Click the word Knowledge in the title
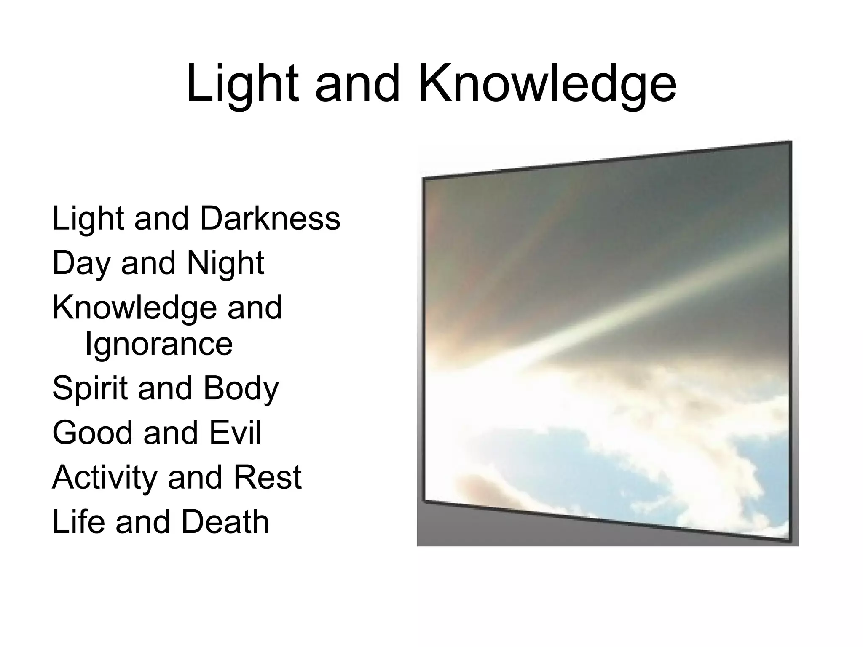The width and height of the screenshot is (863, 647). click(x=547, y=84)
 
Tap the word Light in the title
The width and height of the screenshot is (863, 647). click(x=242, y=84)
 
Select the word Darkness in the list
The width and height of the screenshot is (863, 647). click(x=270, y=219)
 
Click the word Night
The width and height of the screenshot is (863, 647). click(x=225, y=263)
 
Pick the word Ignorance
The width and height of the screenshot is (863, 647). click(x=159, y=344)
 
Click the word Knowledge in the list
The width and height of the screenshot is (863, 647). click(x=134, y=307)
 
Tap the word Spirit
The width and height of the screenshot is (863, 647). click(x=90, y=388)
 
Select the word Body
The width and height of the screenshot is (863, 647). click(x=241, y=388)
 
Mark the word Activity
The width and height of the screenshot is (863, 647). click(x=104, y=478)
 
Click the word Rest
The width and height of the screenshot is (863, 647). click(x=267, y=478)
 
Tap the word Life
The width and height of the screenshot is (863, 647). click(x=78, y=522)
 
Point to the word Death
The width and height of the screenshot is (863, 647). click(x=225, y=522)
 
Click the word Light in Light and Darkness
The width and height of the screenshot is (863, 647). click(x=87, y=219)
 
